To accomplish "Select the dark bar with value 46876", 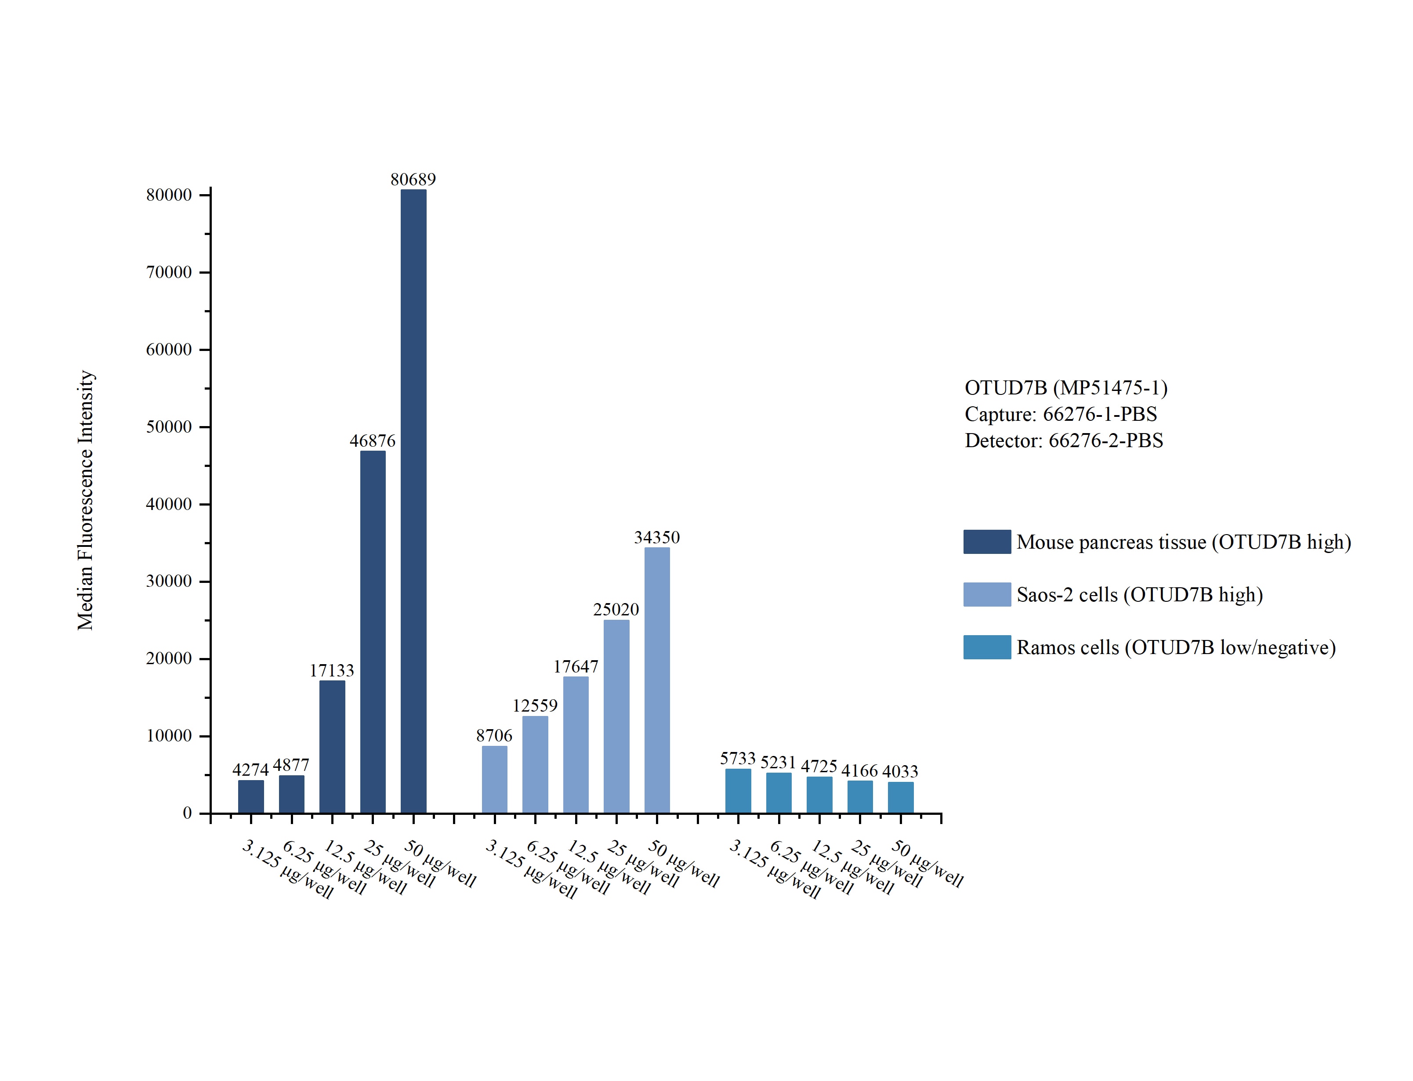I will [373, 632].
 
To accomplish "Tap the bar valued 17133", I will [332, 746].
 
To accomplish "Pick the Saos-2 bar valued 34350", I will [657, 680].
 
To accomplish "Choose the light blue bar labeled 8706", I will [494, 779].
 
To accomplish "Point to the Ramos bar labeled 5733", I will [738, 791].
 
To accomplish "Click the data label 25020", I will [616, 609].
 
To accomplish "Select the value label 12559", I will [535, 706].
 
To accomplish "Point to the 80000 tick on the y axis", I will [169, 195].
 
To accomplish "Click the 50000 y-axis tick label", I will [169, 427].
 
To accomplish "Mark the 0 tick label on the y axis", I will [187, 813].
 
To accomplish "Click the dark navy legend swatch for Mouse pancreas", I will [986, 542].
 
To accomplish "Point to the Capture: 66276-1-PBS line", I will [1060, 414].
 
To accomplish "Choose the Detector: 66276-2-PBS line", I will [1064, 440].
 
